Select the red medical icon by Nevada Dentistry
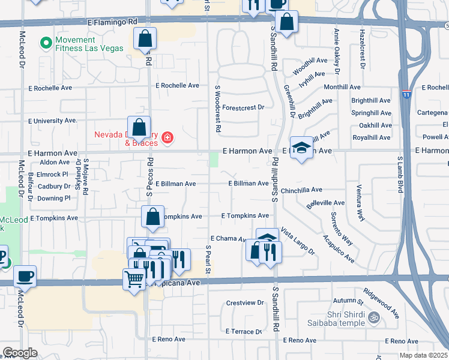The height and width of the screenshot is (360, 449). pos(167,139)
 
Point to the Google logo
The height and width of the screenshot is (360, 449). pos(20,353)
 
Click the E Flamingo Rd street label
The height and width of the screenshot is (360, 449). pos(112,21)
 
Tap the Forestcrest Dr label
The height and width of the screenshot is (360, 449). pos(243,108)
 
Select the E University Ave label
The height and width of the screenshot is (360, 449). pos(53,121)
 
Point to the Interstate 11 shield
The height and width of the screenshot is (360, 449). pos(407,94)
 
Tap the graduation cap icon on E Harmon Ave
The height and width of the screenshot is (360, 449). pos(301,147)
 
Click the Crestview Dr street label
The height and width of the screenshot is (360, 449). pos(245,303)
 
